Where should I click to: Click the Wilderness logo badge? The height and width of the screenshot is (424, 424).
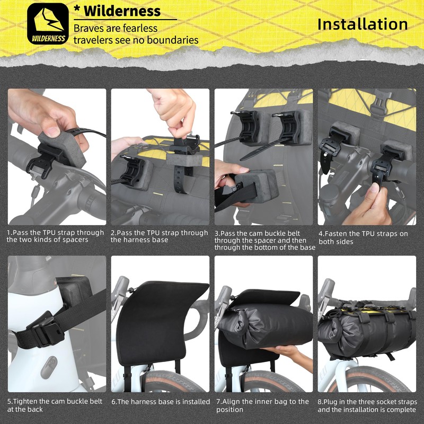(48, 23)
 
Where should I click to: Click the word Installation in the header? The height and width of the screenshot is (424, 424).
(363, 24)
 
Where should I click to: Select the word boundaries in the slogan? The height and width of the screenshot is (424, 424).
(173, 40)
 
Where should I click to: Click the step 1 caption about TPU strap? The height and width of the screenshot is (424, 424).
(56, 236)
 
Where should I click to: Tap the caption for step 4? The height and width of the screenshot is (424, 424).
(363, 237)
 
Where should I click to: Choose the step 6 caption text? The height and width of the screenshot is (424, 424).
(161, 402)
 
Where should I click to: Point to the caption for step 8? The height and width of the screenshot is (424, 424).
(367, 405)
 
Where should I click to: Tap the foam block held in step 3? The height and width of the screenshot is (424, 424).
(257, 186)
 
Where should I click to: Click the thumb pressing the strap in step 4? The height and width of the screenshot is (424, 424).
(375, 188)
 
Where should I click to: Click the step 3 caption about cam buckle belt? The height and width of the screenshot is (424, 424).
(264, 240)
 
